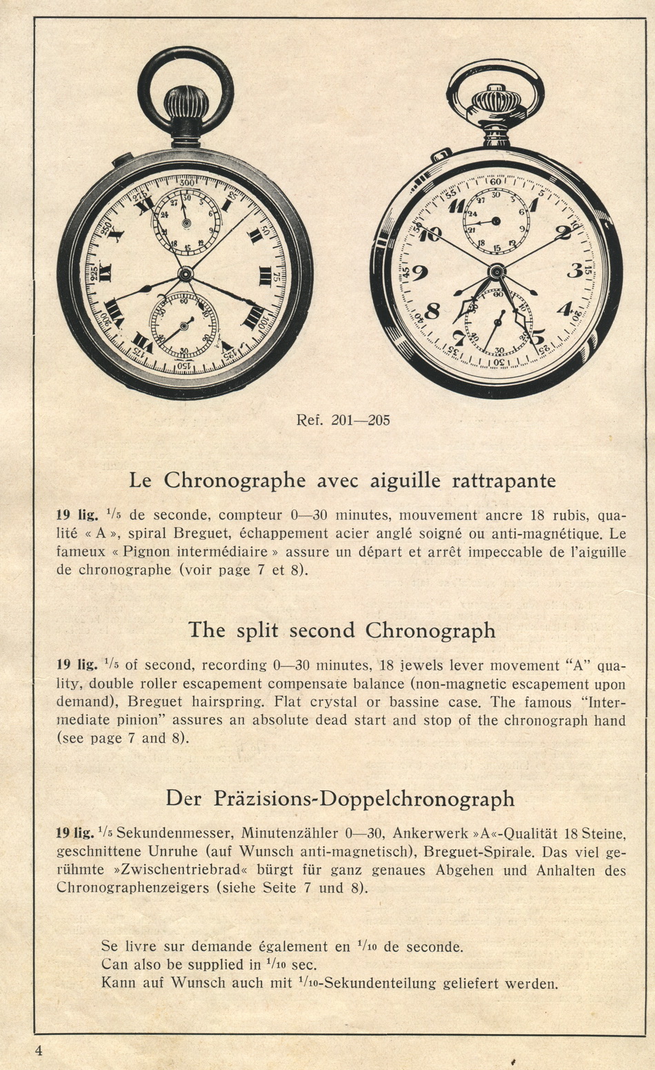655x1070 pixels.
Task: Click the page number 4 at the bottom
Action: pyautogui.click(x=39, y=1051)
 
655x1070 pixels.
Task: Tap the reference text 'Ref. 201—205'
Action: pyautogui.click(x=343, y=420)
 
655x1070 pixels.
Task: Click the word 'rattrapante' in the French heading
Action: pyautogui.click(x=503, y=480)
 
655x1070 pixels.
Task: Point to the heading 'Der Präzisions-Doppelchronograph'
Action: pyautogui.click(x=340, y=798)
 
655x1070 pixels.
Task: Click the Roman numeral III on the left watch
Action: pyautogui.click(x=264, y=276)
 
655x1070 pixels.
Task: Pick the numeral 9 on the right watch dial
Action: pyautogui.click(x=420, y=273)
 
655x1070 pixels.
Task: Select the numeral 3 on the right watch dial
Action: pyautogui.click(x=574, y=271)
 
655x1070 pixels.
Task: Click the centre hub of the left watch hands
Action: pyautogui.click(x=185, y=274)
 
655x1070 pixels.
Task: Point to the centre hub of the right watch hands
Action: pyautogui.click(x=496, y=272)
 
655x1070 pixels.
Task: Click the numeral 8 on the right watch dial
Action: pyautogui.click(x=433, y=311)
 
